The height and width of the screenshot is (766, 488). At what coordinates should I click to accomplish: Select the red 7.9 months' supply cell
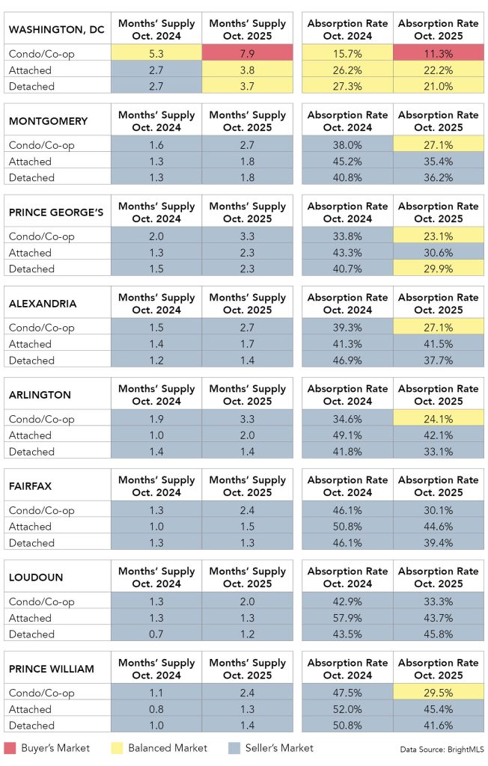pyautogui.click(x=248, y=54)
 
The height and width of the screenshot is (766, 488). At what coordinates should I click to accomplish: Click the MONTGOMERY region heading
pyautogui.click(x=48, y=121)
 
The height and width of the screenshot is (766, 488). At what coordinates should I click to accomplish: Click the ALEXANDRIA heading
pyautogui.click(x=43, y=304)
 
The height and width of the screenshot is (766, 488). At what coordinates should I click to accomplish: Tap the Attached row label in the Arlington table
pyautogui.click(x=30, y=435)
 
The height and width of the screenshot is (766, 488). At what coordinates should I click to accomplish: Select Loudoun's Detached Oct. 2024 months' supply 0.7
pyautogui.click(x=156, y=634)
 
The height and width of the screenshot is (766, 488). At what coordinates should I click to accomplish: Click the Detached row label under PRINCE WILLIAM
pyautogui.click(x=31, y=726)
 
